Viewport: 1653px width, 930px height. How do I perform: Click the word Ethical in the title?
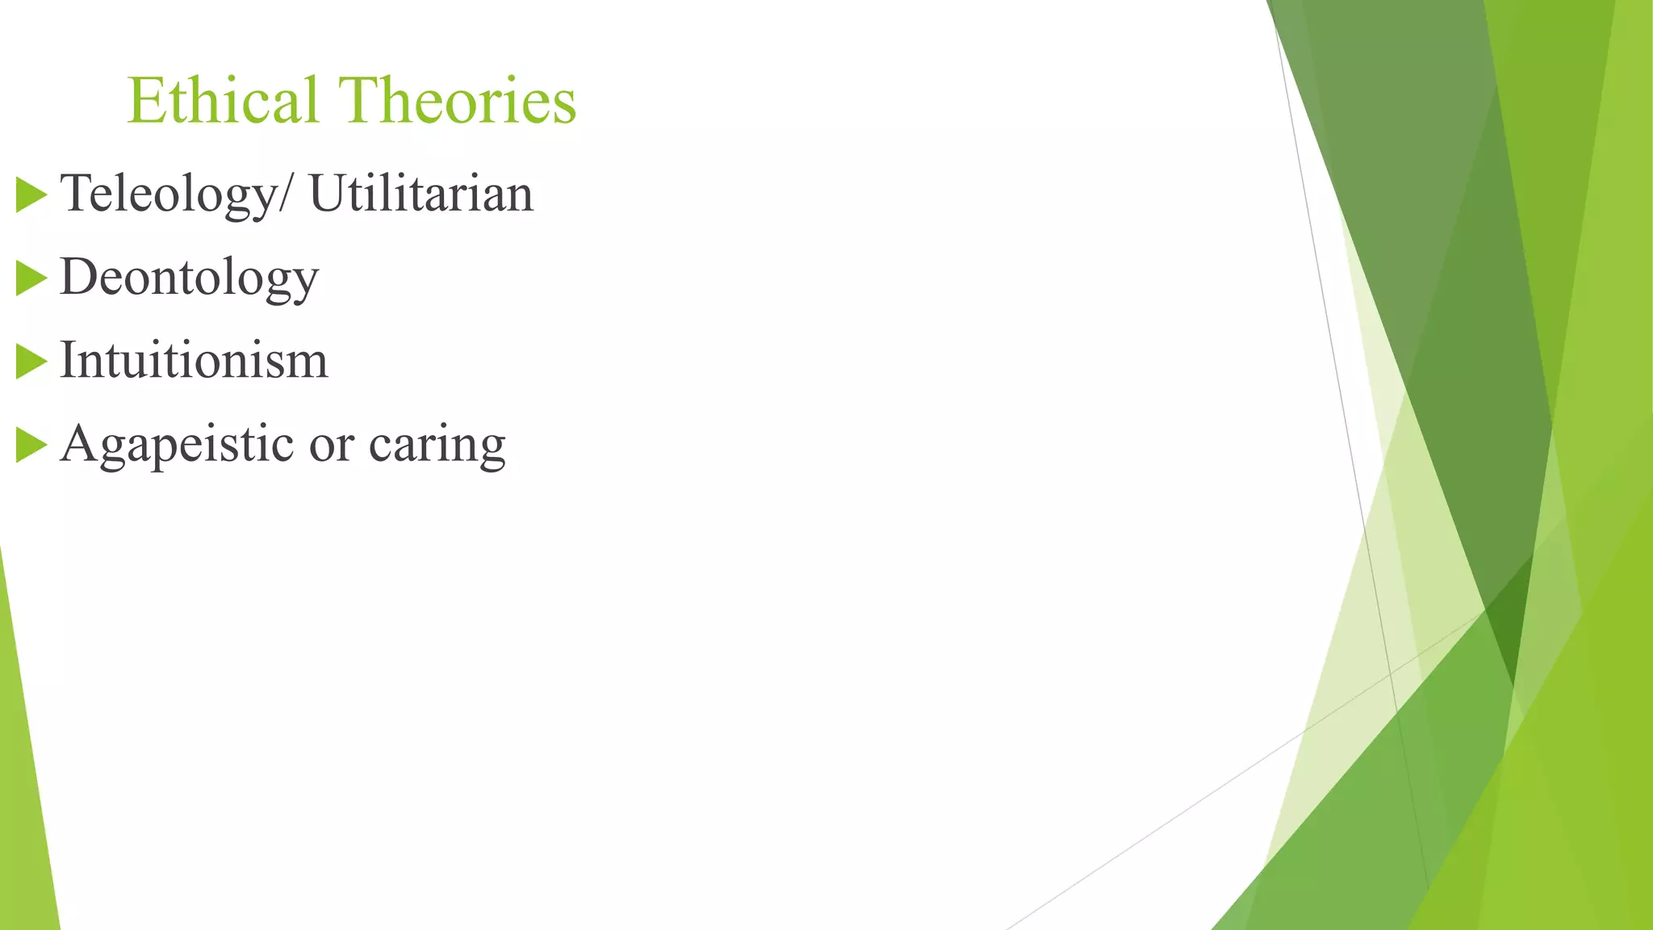223,101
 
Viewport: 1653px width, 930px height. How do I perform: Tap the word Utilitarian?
421,194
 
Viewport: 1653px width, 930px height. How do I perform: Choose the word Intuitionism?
194,360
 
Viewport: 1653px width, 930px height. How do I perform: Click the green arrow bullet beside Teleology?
31,196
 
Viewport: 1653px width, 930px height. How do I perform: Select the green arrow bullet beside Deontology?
31,279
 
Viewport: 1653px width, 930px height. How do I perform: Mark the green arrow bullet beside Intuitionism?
31,362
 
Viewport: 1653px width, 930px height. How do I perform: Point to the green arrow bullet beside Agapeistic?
31,446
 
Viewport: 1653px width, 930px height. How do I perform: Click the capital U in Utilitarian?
327,194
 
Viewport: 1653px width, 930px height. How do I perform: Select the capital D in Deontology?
79,276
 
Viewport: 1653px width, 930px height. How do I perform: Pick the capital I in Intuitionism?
69,360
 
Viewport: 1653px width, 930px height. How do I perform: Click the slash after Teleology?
283,195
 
